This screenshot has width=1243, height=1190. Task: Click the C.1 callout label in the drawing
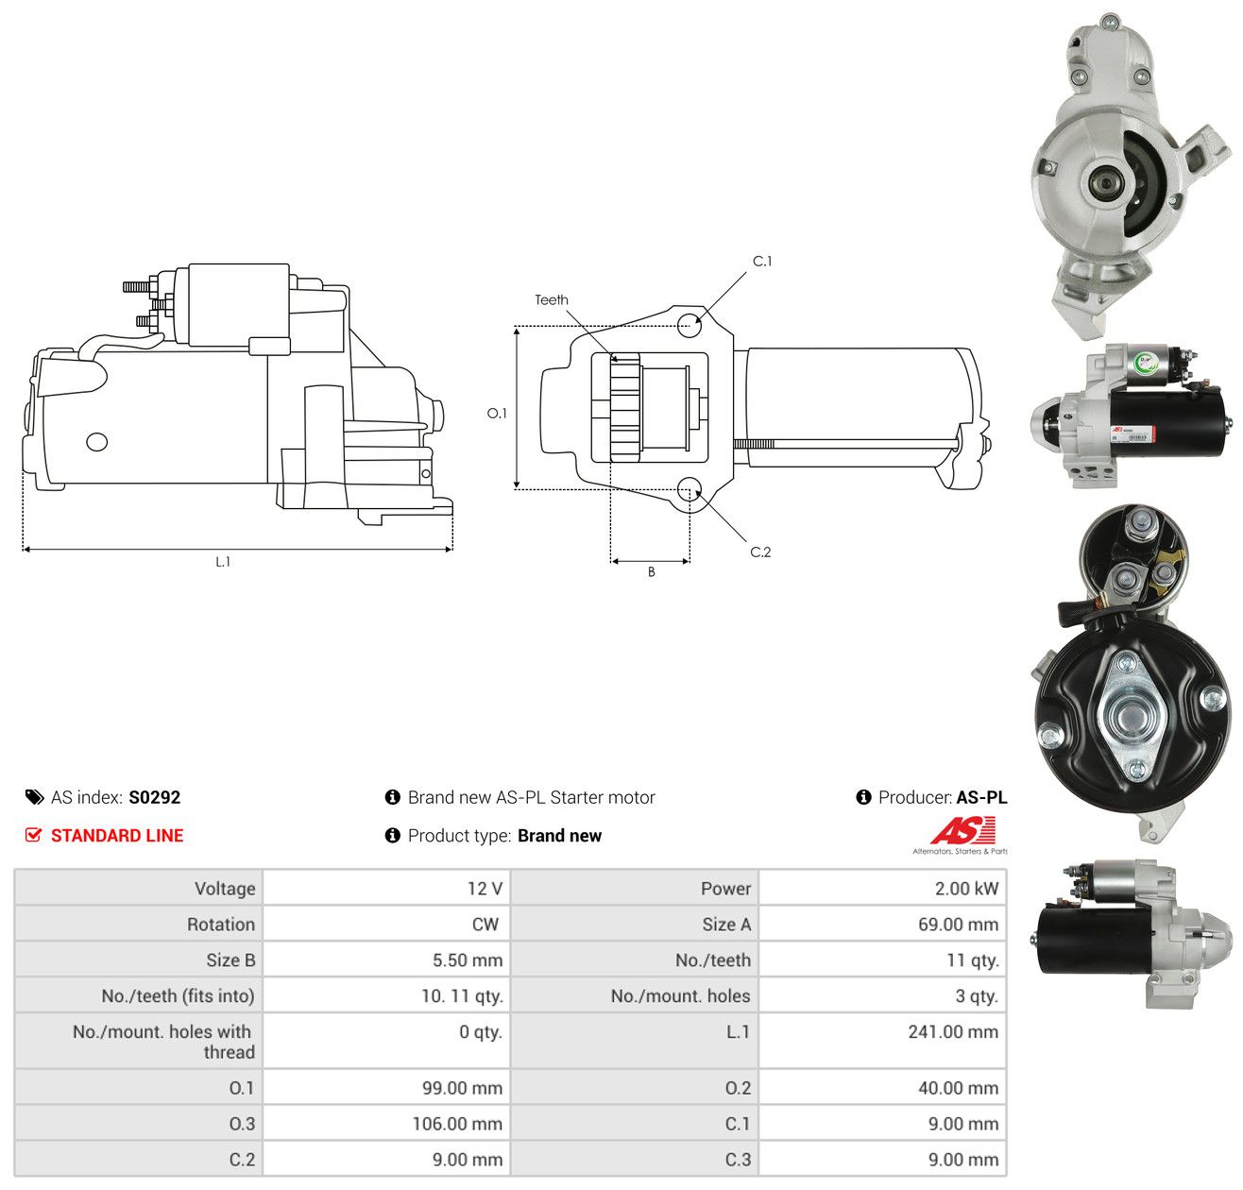coord(761,262)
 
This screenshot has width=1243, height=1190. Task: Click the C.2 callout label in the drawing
coord(760,552)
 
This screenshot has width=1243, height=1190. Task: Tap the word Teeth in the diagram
coord(552,299)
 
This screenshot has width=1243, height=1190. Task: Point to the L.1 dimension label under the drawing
coord(223,561)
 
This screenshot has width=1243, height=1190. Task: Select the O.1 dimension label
coord(497,414)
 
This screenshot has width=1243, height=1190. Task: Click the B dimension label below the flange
coord(651,571)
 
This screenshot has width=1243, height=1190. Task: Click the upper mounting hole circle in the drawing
coord(689,325)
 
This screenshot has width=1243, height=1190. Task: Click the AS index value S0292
coord(155,797)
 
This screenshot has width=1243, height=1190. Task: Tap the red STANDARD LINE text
coord(117,836)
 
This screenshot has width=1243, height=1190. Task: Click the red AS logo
coord(962,830)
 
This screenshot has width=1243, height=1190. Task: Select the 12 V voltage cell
coord(485,889)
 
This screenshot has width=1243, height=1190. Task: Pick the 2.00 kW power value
coord(966,889)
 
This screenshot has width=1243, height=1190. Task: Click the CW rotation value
coord(485,925)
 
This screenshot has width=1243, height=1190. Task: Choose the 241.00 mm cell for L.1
coord(953,1031)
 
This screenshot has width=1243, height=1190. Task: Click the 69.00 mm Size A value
coord(958,925)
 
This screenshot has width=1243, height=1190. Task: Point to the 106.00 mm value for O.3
coord(457,1124)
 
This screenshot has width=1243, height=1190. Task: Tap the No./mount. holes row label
coord(680,995)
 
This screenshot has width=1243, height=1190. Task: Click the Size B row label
coord(230,960)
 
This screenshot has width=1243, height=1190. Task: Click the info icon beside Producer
coord(863,797)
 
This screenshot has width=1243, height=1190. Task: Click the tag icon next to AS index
coord(35,797)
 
